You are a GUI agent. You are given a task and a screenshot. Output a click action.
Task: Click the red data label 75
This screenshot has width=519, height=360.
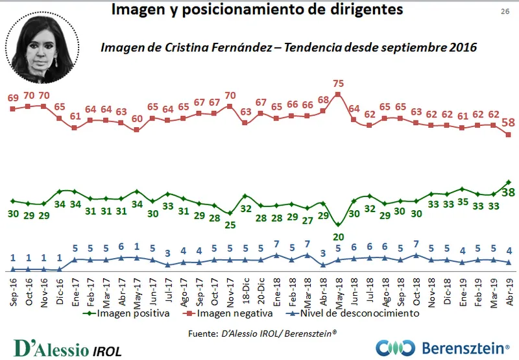tap(338, 83)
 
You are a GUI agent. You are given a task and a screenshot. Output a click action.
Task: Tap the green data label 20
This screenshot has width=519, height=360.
tap(338, 237)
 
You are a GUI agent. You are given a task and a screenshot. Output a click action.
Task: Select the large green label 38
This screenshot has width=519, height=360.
tap(509, 192)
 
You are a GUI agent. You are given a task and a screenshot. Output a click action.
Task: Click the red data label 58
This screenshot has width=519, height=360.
tap(509, 122)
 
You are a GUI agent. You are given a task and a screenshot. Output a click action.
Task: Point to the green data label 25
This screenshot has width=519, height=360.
tap(230, 225)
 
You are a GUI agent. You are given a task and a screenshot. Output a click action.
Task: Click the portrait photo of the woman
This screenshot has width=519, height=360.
tap(43, 42)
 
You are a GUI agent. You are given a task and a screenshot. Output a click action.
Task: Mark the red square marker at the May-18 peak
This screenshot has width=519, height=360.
tap(338, 95)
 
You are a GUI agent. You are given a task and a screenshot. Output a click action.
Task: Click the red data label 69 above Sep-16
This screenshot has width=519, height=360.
tap(13, 97)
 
